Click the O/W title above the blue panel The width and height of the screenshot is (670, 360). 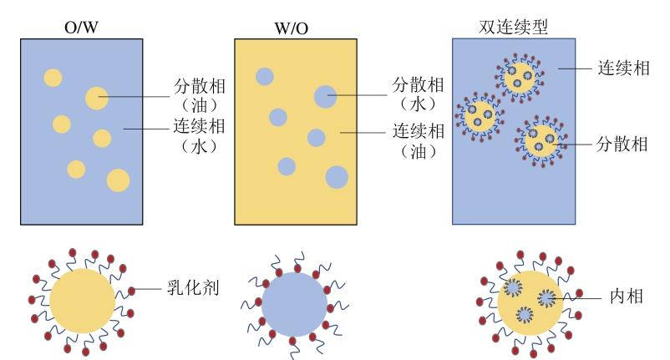coord(81,28)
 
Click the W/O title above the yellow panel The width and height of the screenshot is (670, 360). coord(291,28)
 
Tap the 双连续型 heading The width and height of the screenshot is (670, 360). coord(513,27)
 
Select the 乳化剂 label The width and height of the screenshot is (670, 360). coord(193,288)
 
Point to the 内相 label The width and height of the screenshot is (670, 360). coord(627,297)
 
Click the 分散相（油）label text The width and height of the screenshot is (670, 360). coord(200,96)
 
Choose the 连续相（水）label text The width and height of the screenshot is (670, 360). coord(199,136)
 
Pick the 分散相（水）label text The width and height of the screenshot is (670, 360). coord(419,94)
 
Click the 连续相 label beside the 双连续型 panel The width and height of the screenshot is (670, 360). coord(623,68)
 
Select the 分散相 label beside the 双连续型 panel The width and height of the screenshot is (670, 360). coord(622,145)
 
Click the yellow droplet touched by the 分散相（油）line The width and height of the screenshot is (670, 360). coord(97,99)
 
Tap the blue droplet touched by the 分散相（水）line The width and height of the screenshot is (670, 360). coord(325,97)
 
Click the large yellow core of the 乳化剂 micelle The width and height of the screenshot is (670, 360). coord(82,301)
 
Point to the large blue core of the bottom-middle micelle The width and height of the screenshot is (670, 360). coord(294,305)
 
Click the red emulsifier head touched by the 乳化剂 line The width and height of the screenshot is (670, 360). coord(132,291)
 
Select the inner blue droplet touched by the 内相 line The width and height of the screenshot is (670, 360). coord(546,297)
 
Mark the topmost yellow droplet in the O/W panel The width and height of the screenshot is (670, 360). coord(53,78)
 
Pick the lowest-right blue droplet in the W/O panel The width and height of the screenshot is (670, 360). coord(337,177)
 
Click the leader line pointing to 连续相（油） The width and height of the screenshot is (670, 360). coord(363,133)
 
